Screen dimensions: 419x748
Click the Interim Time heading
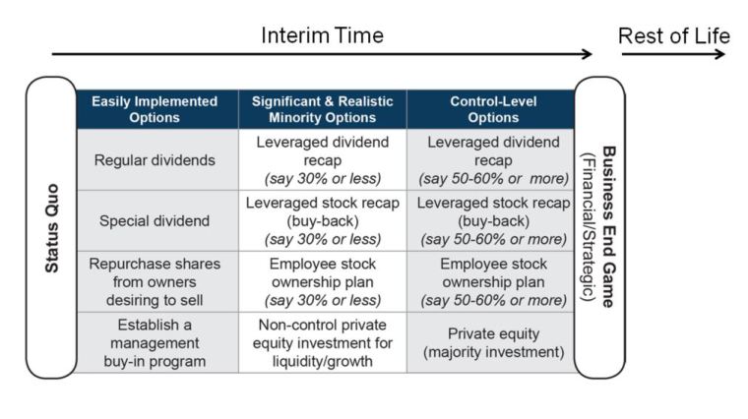322,35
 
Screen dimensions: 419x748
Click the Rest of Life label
673,35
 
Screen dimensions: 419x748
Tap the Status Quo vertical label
51,227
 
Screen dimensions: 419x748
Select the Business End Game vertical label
608,227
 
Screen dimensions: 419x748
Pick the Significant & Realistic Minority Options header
322,109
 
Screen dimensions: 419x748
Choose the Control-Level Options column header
490,109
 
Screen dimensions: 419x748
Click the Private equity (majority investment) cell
490,341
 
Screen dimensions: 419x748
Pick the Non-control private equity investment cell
322,341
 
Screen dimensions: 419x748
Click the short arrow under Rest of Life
673,54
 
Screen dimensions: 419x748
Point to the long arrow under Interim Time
322,54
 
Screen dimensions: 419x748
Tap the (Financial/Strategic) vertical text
589,227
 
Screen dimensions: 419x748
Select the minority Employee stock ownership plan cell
322,280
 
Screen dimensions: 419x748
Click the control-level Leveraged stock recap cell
490,220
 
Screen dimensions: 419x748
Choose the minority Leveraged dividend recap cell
322,160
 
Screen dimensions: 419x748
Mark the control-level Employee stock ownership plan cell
490,280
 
